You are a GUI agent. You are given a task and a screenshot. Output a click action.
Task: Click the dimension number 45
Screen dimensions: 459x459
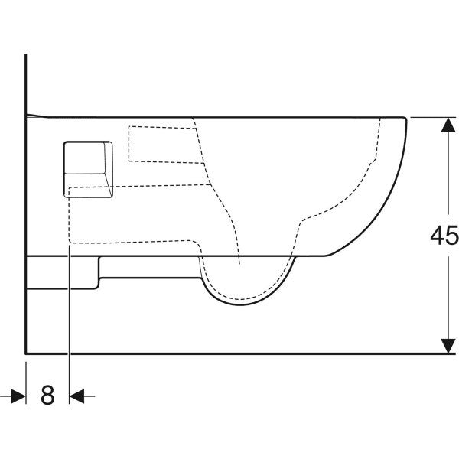click(444, 235)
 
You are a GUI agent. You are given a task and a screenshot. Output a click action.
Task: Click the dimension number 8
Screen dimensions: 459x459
click(47, 395)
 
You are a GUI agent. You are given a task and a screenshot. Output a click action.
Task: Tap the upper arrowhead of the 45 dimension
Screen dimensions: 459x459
click(448, 125)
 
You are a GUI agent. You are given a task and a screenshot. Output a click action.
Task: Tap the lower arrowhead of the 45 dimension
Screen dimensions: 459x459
click(448, 346)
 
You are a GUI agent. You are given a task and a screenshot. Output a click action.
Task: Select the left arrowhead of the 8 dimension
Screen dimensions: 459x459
click(18, 396)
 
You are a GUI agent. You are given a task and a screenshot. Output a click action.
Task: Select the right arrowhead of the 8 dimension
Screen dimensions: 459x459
click(77, 396)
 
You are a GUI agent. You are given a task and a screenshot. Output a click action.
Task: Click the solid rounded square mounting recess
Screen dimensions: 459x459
click(88, 170)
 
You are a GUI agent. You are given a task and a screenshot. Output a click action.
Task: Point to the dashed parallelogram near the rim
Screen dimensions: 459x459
click(166, 145)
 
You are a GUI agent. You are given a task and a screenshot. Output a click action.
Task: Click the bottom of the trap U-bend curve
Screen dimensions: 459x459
click(240, 304)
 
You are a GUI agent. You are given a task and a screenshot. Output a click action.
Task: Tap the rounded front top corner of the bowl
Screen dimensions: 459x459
click(405, 119)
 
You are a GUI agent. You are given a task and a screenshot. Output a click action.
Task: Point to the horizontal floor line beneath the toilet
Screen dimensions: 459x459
click(240, 353)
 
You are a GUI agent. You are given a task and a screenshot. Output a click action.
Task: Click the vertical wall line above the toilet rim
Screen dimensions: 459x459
click(26, 84)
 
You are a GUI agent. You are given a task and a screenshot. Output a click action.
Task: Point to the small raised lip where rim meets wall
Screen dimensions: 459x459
click(37, 116)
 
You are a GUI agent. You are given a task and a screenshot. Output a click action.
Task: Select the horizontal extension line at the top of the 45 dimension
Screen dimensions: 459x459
click(433, 117)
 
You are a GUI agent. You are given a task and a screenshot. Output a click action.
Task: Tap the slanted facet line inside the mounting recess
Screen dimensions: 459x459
click(108, 184)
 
